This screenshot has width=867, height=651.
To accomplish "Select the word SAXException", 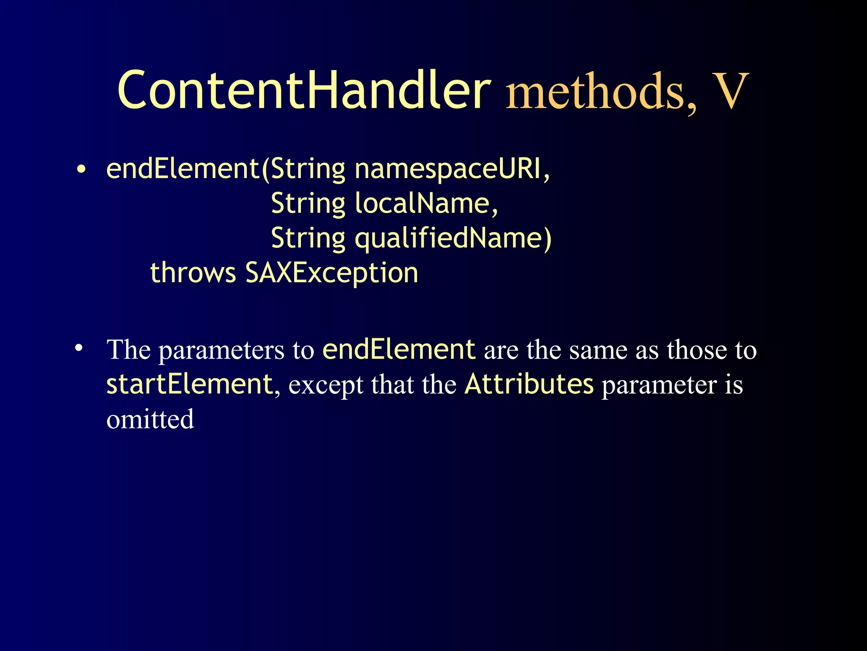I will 331,273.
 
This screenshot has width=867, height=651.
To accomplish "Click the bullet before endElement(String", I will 81,170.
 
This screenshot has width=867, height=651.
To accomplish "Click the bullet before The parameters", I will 78,349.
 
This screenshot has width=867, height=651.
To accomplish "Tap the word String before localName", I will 308,204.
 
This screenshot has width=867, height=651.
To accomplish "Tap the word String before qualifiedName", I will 308,239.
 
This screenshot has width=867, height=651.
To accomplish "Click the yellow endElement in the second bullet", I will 399,350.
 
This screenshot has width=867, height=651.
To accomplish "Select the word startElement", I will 189,384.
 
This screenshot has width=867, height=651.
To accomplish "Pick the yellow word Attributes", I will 529,384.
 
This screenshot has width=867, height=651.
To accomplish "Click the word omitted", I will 150,420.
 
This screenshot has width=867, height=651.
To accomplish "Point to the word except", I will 326,386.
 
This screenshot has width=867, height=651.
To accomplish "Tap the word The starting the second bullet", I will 129,350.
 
